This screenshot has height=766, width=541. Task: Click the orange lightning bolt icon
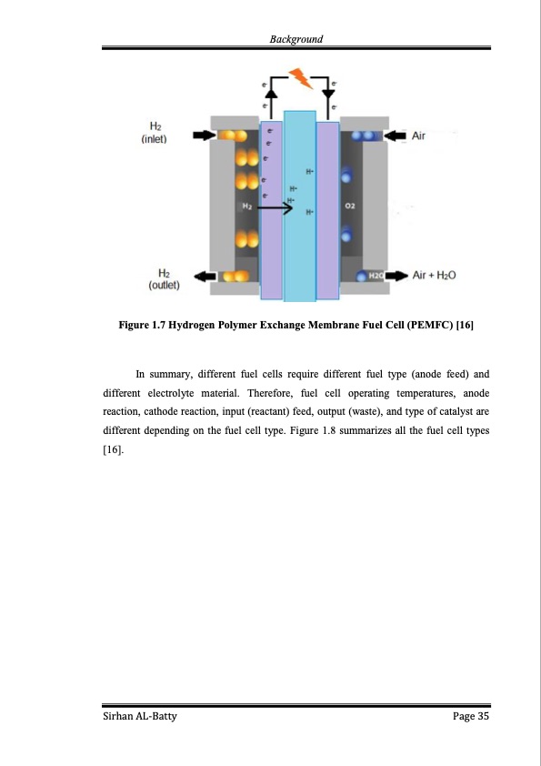tap(301, 78)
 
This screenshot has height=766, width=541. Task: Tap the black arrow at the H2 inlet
tap(204, 135)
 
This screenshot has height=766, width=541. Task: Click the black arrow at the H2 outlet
tap(205, 277)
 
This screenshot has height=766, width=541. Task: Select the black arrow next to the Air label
tap(395, 136)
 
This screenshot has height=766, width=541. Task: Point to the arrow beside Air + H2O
tap(397, 276)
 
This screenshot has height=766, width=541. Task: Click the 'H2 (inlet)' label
tap(155, 133)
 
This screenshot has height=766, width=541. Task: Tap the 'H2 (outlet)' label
tap(164, 279)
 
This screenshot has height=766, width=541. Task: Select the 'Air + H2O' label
tap(434, 275)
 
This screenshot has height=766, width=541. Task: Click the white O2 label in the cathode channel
tap(349, 207)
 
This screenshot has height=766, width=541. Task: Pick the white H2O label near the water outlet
tap(376, 276)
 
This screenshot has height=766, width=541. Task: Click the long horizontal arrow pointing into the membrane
tap(275, 208)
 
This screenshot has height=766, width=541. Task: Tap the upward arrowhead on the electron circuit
tap(271, 94)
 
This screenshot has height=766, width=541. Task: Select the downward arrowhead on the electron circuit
tap(328, 93)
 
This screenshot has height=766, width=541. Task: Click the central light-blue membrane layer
tap(300, 206)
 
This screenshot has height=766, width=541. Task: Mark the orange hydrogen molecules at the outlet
tap(235, 277)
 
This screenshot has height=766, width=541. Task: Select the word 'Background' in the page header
tap(296, 39)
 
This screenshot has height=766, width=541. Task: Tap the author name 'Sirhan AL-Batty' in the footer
tap(140, 716)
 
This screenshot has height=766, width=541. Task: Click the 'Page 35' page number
tap(471, 716)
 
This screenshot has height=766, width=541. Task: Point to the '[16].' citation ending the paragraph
tap(114, 449)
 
